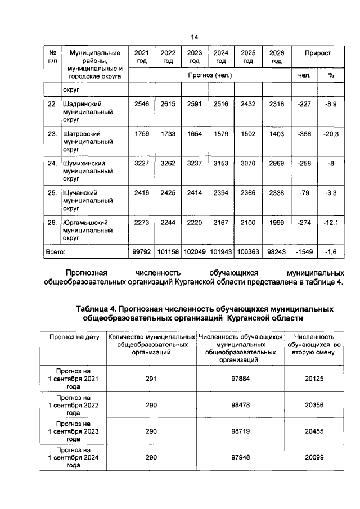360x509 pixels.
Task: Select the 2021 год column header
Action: (x=141, y=57)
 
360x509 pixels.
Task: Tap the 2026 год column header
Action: (x=277, y=57)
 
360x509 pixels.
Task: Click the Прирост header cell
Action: (x=317, y=53)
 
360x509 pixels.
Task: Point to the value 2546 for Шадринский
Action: (x=141, y=105)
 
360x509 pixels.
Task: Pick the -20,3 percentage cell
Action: (x=330, y=135)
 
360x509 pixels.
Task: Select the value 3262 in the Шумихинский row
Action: (x=168, y=164)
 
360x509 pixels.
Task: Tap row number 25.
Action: (x=52, y=193)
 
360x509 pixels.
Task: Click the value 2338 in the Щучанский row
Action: (x=277, y=193)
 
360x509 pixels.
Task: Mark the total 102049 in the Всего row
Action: (x=194, y=253)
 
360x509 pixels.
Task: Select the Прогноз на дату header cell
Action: (x=74, y=337)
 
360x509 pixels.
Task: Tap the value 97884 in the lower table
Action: (x=240, y=379)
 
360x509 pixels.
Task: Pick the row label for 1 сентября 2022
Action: (x=74, y=404)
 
